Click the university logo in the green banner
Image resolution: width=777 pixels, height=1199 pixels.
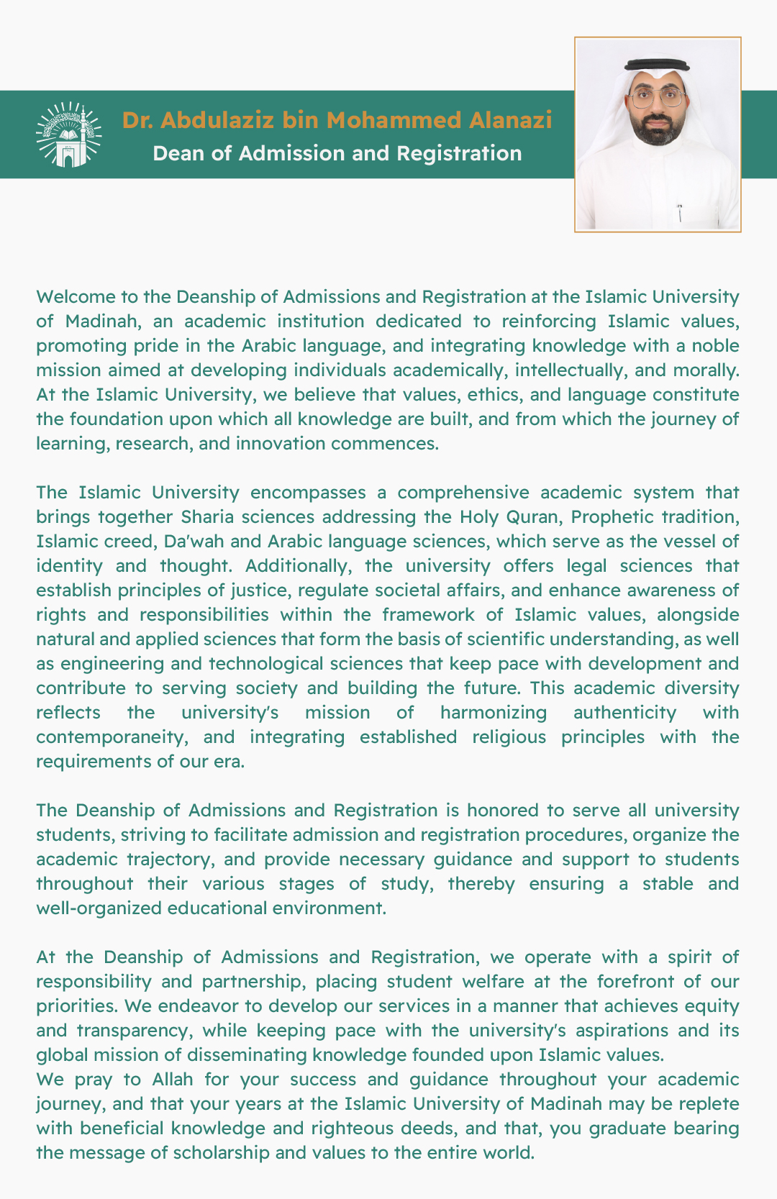point(68,135)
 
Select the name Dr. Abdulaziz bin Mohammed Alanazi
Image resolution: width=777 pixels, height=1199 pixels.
point(337,119)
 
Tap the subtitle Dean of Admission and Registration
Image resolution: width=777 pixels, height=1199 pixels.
point(337,153)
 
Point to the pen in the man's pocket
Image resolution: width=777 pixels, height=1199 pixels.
point(679,212)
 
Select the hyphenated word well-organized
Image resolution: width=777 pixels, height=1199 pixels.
point(99,908)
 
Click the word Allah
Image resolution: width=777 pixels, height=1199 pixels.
point(173,1080)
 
